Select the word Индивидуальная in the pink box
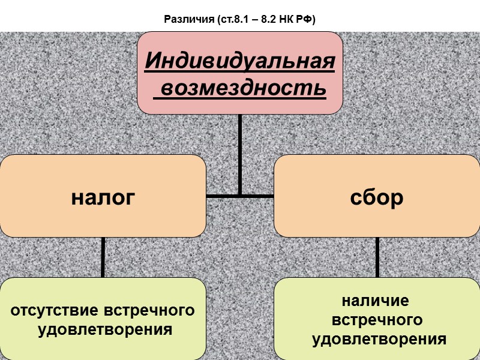point(240,61)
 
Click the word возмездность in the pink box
point(244,88)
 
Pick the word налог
point(103,197)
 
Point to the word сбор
point(377,197)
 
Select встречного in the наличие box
point(377,319)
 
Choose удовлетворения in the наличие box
point(379,339)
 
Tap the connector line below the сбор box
point(377,257)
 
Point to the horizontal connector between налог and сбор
point(240,196)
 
